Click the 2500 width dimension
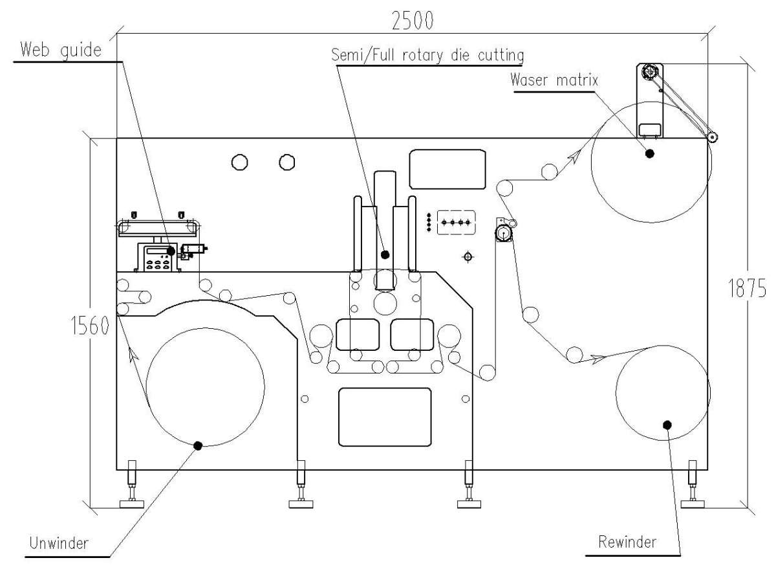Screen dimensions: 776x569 [413, 21]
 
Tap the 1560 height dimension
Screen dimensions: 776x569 [90, 326]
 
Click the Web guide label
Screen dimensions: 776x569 [61, 50]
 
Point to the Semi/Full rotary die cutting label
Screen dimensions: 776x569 [427, 55]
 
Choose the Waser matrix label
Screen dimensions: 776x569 [554, 80]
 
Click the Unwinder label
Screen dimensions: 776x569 [59, 542]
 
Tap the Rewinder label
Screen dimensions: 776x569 [627, 542]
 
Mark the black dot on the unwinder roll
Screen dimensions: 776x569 [198, 446]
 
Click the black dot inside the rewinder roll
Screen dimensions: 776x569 [667, 425]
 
